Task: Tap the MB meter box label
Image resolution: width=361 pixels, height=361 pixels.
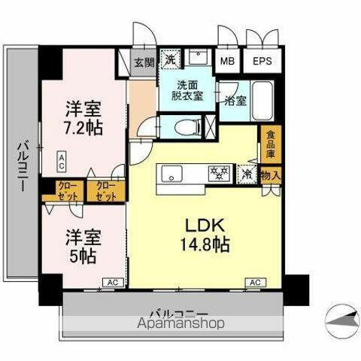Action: pos(225,62)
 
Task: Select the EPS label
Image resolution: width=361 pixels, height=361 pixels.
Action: pos(261,62)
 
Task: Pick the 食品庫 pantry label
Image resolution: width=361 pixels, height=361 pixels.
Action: pos(269,145)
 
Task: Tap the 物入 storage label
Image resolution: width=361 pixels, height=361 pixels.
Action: pos(271,174)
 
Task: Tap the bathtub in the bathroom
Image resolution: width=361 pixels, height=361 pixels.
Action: pos(264,99)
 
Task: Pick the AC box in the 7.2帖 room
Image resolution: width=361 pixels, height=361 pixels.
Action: pos(62,159)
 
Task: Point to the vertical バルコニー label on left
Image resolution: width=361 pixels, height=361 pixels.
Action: pos(23,165)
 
